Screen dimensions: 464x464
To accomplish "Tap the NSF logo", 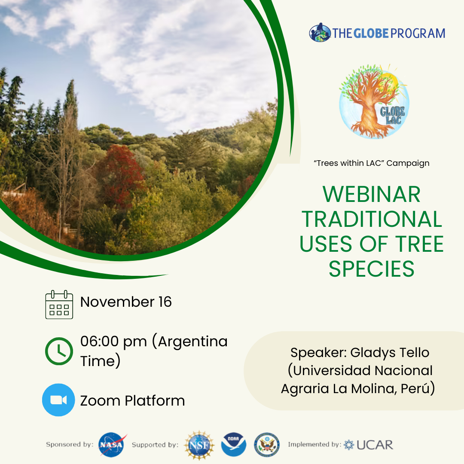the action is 199,445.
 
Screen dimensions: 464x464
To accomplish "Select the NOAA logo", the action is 233,445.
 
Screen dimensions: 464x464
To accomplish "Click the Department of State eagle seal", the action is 267,445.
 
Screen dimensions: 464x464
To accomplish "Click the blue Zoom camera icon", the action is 58,400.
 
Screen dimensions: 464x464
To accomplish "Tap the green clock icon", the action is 59,351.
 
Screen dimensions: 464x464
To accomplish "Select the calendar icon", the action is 59,305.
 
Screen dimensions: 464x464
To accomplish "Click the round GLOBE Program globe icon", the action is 320,32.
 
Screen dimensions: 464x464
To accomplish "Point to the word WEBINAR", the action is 371,195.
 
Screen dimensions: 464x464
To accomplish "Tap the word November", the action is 117,302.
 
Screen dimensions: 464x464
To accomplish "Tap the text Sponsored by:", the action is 70,444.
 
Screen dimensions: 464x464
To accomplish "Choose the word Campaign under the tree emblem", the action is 408,163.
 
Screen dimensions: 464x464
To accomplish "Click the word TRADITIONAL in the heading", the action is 372,219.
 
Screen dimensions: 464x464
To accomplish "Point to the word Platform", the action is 155,401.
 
